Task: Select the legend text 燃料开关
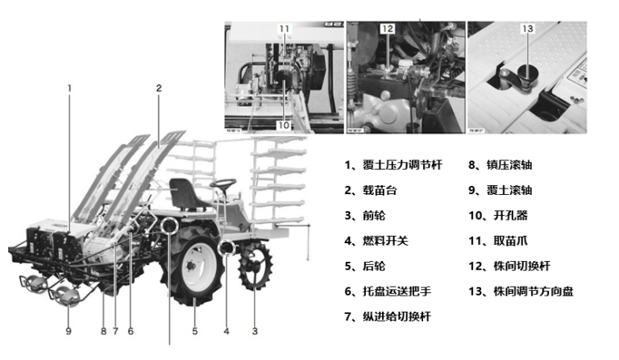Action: tap(376, 241)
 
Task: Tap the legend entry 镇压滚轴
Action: tap(501, 165)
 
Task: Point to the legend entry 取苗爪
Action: tap(498, 241)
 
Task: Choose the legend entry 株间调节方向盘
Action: tap(521, 292)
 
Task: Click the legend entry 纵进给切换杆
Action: tap(388, 317)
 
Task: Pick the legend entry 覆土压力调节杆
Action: tap(393, 165)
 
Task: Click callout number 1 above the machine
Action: tap(69, 88)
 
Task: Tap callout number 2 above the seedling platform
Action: tap(159, 88)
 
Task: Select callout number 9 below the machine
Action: tap(69, 330)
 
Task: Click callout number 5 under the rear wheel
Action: tap(194, 331)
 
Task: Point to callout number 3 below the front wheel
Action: tap(255, 331)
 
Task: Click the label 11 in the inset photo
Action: tap(285, 28)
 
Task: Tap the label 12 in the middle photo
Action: tap(387, 28)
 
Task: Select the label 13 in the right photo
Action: tap(527, 28)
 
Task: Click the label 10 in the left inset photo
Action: tap(284, 125)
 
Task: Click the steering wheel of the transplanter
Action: tap(223, 183)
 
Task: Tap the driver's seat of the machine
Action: tap(185, 194)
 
